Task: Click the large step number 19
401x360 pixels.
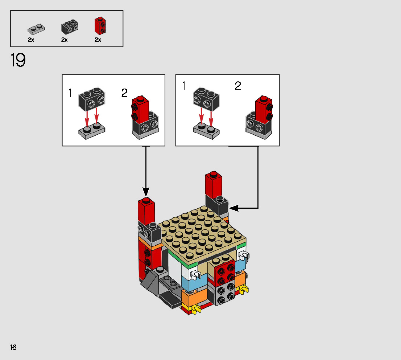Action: click(x=18, y=60)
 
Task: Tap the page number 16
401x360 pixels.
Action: click(x=13, y=347)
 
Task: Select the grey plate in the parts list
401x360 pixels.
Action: click(x=36, y=29)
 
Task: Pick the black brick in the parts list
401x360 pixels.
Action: click(x=70, y=26)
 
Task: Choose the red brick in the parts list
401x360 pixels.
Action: click(x=100, y=26)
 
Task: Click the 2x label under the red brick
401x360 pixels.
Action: click(x=98, y=40)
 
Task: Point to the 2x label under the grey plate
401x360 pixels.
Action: click(x=31, y=40)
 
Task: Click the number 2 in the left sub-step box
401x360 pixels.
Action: click(x=124, y=93)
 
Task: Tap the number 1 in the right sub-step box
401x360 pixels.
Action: click(x=183, y=86)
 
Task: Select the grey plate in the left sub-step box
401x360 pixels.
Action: click(x=92, y=131)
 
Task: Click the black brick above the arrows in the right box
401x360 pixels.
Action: click(x=206, y=99)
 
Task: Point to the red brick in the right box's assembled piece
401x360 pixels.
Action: click(x=264, y=109)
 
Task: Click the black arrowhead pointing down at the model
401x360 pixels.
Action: click(x=146, y=192)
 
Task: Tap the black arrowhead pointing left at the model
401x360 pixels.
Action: click(x=234, y=208)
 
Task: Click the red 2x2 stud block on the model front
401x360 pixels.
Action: click(x=224, y=273)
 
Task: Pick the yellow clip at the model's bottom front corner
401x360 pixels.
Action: click(x=196, y=310)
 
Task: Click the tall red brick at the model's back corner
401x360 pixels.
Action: click(x=213, y=185)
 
